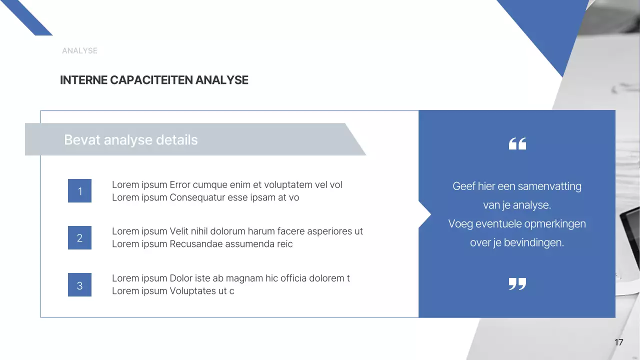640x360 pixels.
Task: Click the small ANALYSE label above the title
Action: click(x=79, y=50)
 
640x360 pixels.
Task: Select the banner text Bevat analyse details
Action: click(x=131, y=140)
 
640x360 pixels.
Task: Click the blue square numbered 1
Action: click(x=79, y=191)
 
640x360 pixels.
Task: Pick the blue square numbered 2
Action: click(x=79, y=238)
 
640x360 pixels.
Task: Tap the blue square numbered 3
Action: click(x=79, y=285)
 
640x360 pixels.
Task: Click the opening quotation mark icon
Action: click(x=517, y=144)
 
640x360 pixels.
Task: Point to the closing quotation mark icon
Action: click(x=517, y=284)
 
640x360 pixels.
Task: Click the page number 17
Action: click(x=618, y=342)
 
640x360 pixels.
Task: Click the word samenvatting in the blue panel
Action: click(x=549, y=186)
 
